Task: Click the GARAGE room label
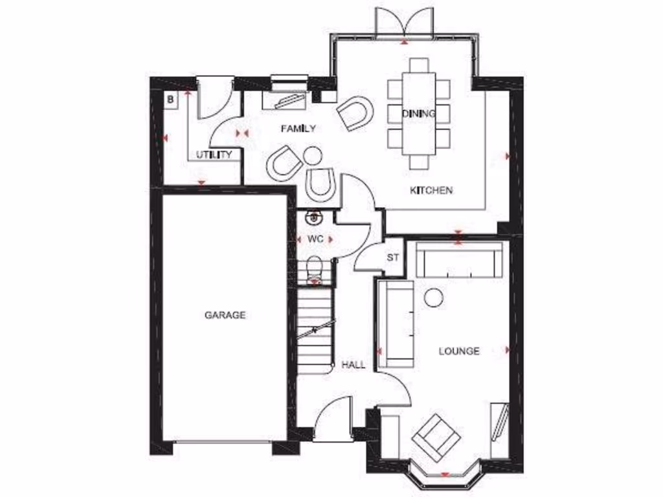click(225, 315)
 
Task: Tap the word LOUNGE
click(459, 351)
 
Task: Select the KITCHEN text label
click(431, 190)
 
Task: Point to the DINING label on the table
click(418, 113)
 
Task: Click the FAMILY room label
click(298, 129)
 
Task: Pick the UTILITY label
click(214, 155)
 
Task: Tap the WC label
click(315, 239)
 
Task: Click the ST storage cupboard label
click(392, 258)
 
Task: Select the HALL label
click(353, 365)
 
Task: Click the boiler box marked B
click(170, 99)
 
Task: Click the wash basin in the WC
click(315, 217)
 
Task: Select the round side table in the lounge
click(433, 297)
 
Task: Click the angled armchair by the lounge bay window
click(436, 437)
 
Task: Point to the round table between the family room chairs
click(313, 156)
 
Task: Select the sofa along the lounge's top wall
click(460, 260)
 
